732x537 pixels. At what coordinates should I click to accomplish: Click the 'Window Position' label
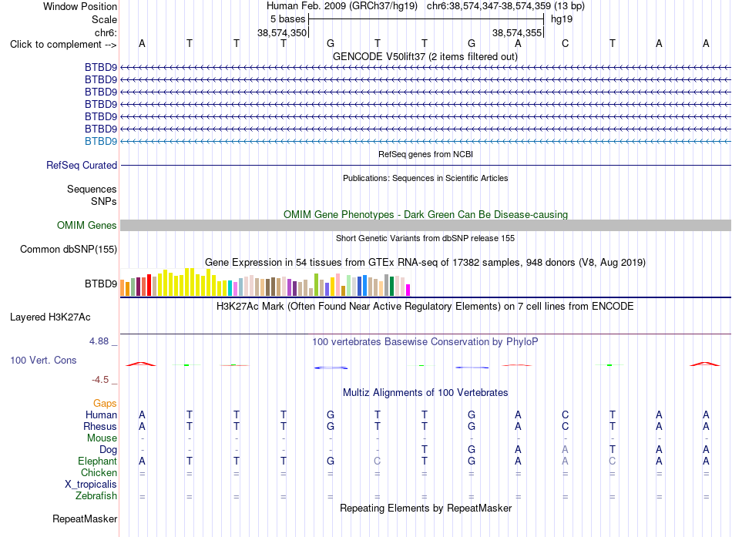pyautogui.click(x=80, y=6)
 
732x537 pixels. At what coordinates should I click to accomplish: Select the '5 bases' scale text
pyautogui.click(x=287, y=19)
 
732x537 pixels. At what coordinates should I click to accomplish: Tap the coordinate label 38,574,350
pyautogui.click(x=282, y=32)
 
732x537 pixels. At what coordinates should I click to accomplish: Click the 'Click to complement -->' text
pyautogui.click(x=63, y=45)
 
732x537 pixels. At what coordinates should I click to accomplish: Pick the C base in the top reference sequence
pyautogui.click(x=565, y=43)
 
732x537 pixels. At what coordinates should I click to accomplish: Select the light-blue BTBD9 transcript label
pyautogui.click(x=101, y=142)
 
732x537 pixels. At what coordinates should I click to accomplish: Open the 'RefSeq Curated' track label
pyautogui.click(x=82, y=166)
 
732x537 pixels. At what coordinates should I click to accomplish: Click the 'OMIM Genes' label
pyautogui.click(x=87, y=226)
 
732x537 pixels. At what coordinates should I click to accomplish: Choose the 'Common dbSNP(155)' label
pyautogui.click(x=69, y=250)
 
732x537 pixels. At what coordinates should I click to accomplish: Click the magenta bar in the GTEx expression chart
pyautogui.click(x=408, y=290)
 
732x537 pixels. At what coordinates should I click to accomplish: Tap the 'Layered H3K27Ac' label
pyautogui.click(x=50, y=317)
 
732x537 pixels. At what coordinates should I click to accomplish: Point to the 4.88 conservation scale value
pyautogui.click(x=99, y=341)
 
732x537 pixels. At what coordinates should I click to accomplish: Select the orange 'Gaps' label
pyautogui.click(x=105, y=403)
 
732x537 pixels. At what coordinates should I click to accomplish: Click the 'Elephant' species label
pyautogui.click(x=98, y=461)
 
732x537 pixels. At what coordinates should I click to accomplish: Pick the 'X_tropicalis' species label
pyautogui.click(x=91, y=485)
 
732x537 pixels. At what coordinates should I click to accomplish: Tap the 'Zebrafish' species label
pyautogui.click(x=96, y=496)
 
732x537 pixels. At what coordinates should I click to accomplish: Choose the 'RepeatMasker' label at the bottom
pyautogui.click(x=85, y=519)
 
